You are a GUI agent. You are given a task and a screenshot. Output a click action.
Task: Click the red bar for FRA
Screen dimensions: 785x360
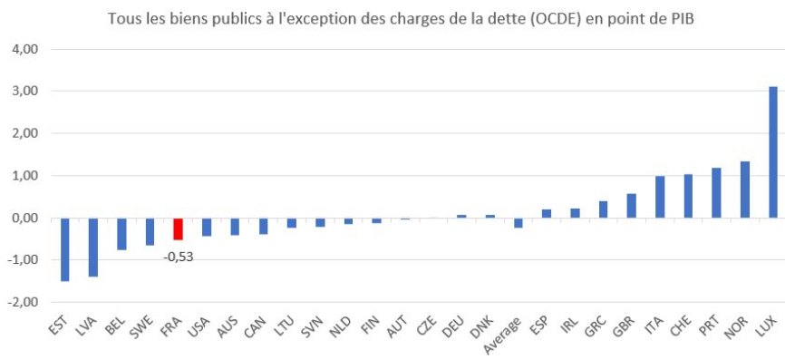(x=179, y=229)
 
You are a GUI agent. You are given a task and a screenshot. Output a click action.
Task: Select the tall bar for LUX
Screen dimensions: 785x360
(x=773, y=152)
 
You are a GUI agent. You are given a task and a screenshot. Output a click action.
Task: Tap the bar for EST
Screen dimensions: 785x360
(x=65, y=250)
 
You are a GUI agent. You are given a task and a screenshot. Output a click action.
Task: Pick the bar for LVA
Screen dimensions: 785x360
(x=93, y=248)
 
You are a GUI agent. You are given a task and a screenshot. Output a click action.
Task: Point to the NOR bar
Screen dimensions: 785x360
(x=745, y=190)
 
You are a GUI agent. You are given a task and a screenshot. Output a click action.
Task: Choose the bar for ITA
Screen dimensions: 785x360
(x=660, y=198)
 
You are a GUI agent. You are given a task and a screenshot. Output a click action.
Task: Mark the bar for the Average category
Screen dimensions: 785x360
(x=518, y=223)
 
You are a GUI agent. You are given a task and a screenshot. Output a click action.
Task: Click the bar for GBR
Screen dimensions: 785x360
(x=631, y=206)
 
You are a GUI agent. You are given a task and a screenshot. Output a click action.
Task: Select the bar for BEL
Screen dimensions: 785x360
(x=121, y=234)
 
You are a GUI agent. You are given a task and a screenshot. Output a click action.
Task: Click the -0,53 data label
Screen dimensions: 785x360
(x=179, y=258)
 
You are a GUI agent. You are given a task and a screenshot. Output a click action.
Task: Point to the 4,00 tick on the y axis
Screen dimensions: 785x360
(x=24, y=50)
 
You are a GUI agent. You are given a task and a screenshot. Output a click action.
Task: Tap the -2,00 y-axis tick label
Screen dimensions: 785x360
(x=22, y=303)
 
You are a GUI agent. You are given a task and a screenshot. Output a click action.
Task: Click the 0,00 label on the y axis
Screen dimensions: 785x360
(x=24, y=219)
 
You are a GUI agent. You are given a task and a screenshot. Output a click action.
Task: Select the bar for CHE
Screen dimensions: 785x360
(x=688, y=196)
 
